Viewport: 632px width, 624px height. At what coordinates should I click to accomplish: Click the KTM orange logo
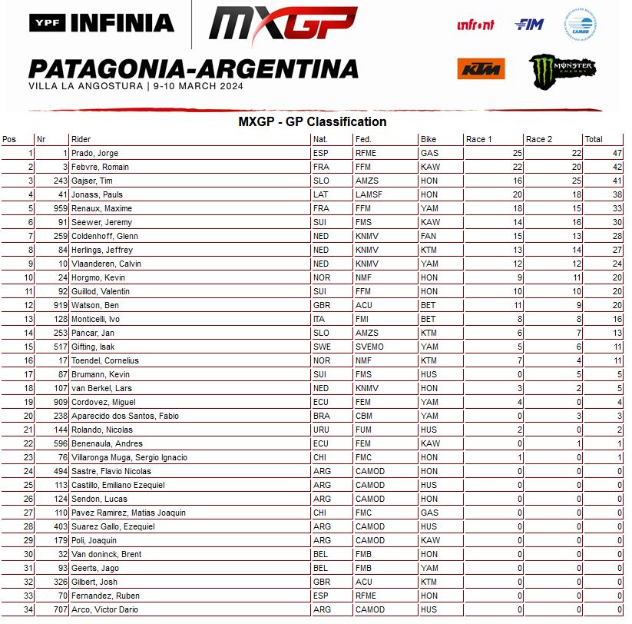480,68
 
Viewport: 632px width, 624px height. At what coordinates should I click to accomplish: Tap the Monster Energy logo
563,69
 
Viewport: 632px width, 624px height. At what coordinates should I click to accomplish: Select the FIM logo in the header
529,25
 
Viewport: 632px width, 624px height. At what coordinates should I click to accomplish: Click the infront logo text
476,25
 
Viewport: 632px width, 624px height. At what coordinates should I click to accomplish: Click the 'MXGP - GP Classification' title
312,121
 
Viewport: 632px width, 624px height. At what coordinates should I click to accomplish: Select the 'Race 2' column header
539,139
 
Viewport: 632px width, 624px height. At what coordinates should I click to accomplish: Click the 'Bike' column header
429,139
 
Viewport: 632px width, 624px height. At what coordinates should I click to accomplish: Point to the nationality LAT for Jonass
320,194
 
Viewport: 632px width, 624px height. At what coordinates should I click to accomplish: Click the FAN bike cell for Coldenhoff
429,236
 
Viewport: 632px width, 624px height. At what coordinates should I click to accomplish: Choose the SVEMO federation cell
369,347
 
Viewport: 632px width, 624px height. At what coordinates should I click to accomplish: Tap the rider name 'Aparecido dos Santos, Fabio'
124,416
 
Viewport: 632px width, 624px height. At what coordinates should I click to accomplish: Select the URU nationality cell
321,430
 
